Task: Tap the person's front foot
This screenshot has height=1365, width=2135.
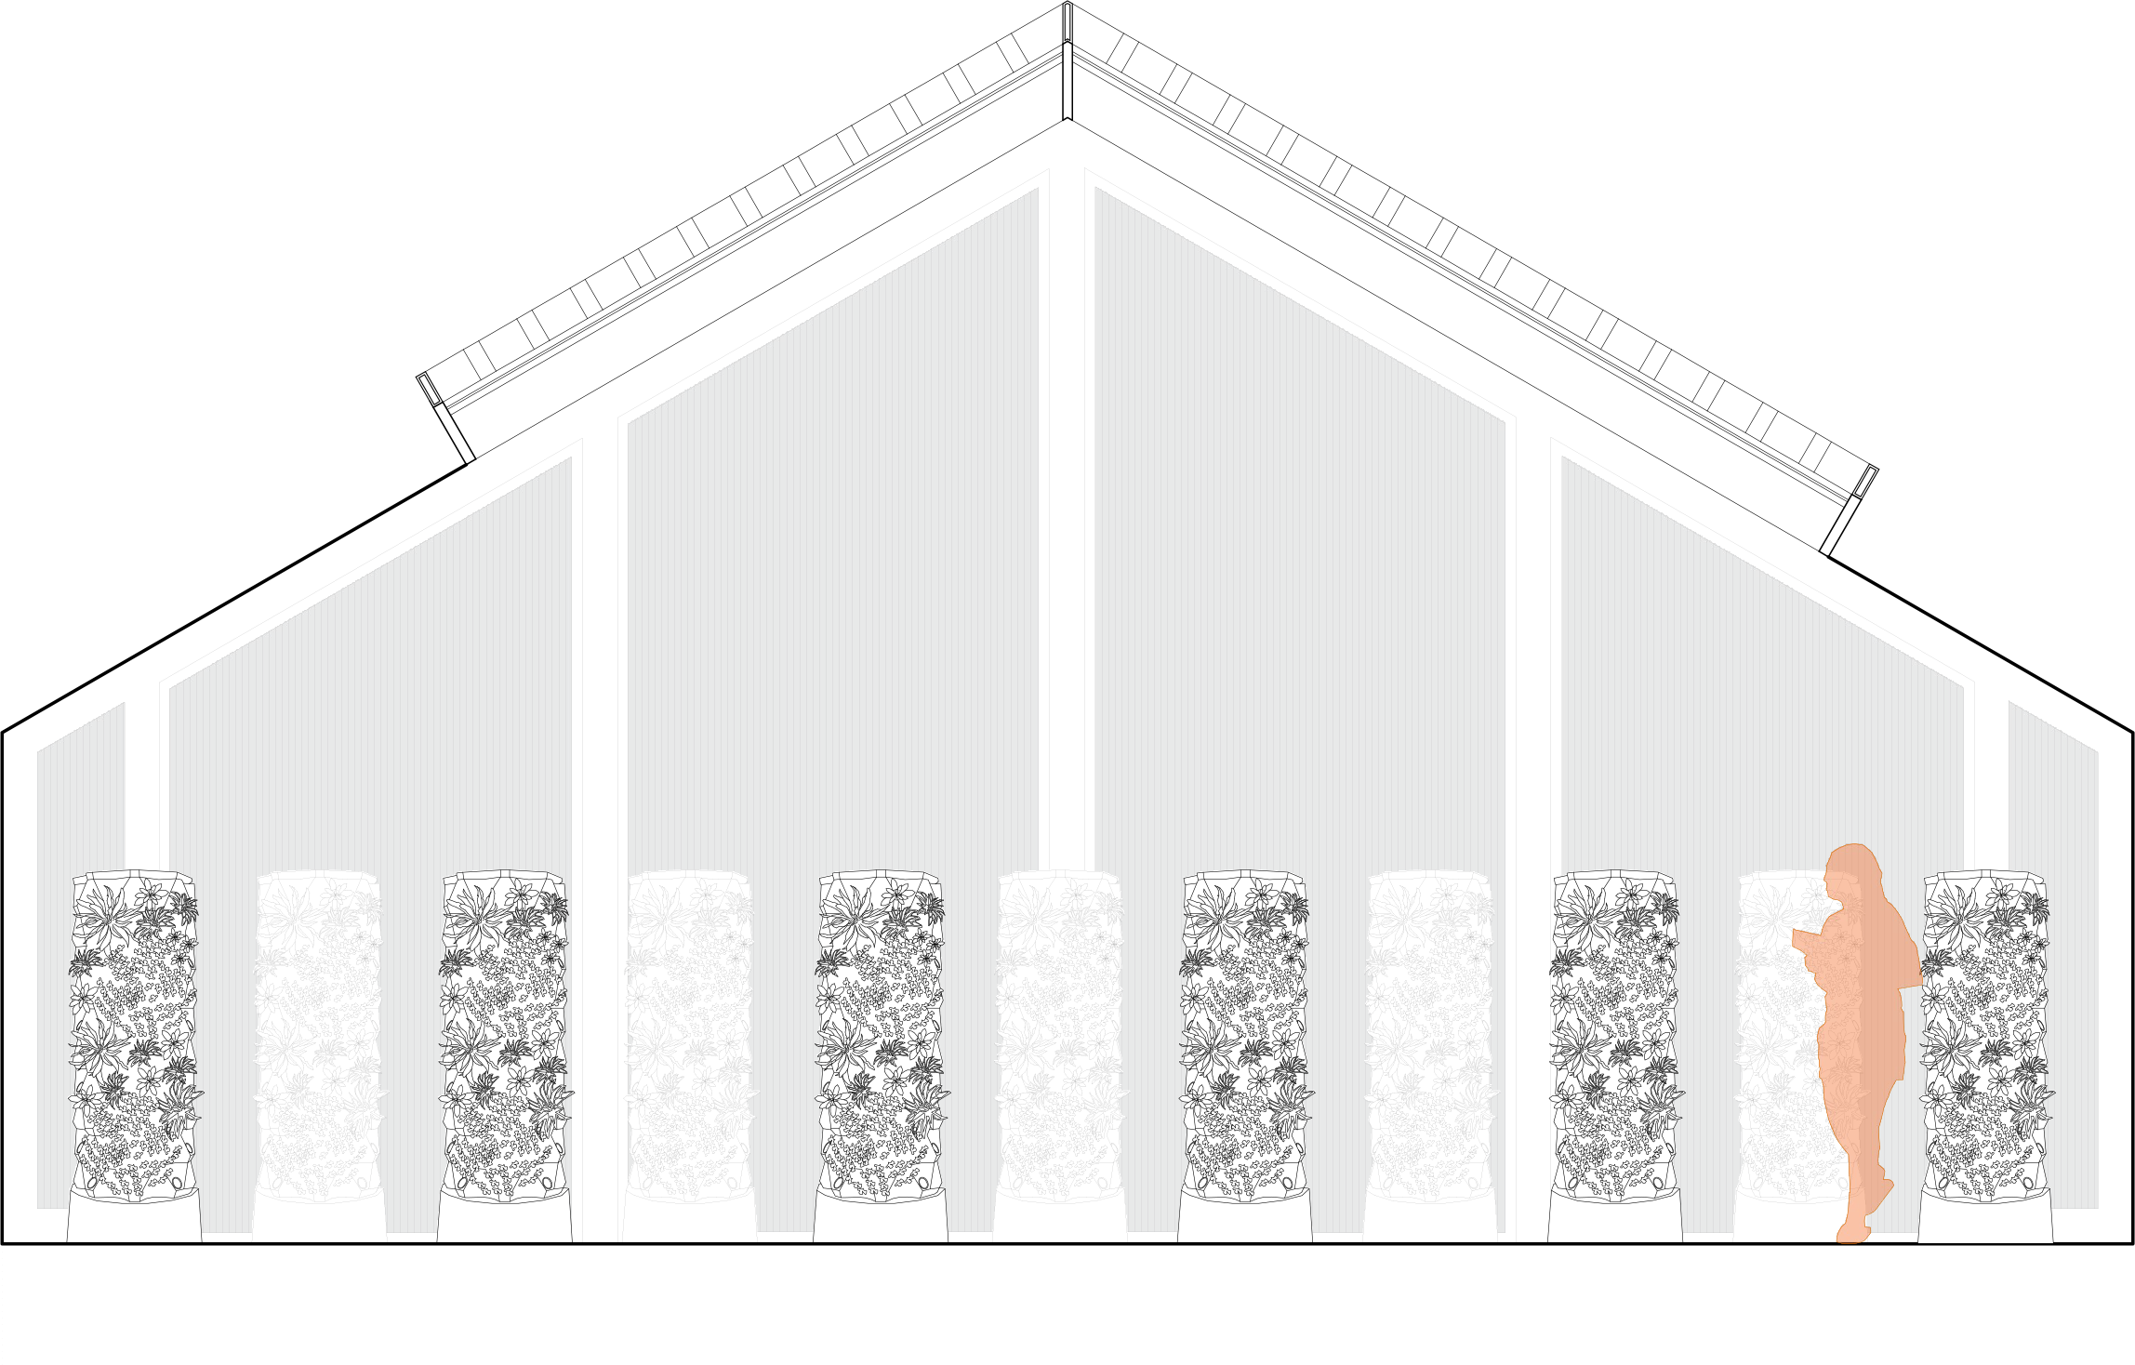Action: coord(1850,1232)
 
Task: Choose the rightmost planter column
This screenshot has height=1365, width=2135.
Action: coord(1984,1032)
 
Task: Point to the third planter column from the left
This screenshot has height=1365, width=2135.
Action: coord(504,1032)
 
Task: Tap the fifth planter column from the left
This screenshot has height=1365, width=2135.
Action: coord(880,1032)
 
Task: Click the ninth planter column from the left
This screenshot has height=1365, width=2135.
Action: coord(1614,1032)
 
